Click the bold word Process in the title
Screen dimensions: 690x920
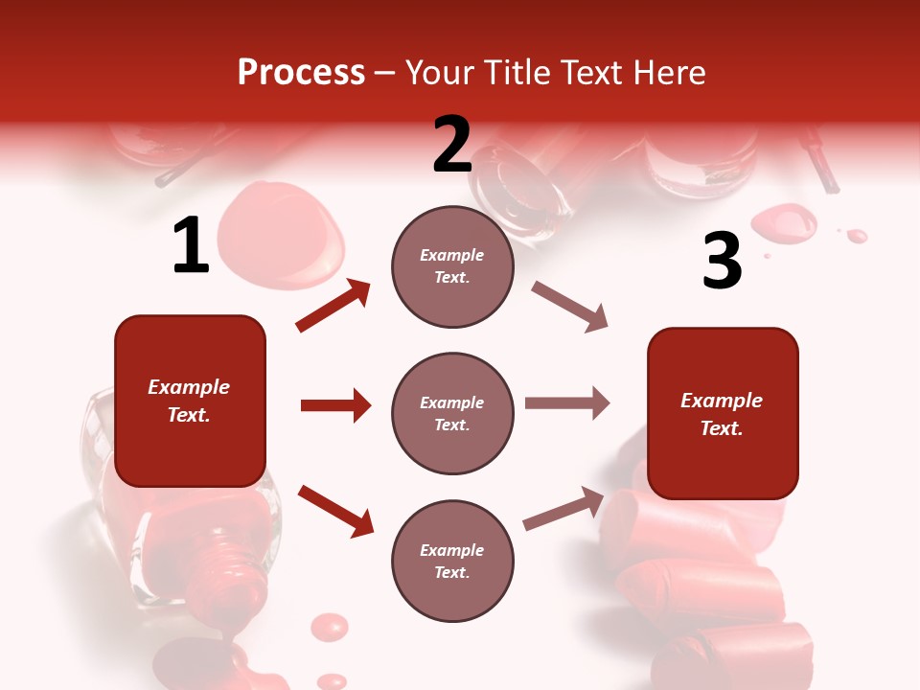pos(301,73)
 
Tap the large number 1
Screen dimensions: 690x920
pos(191,246)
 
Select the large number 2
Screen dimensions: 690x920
pos(452,145)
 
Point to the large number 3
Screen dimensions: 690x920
pos(722,262)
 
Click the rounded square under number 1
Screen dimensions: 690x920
pos(190,401)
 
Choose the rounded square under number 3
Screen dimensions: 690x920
pos(723,413)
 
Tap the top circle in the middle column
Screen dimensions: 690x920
pos(452,266)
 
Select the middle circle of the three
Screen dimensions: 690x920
pos(452,413)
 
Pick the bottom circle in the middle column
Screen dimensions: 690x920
pos(452,561)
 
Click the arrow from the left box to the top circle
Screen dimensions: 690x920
pos(333,306)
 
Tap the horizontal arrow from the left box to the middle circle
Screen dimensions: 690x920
pos(335,405)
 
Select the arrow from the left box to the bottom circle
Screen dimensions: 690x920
pos(335,511)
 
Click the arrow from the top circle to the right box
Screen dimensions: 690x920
pos(569,307)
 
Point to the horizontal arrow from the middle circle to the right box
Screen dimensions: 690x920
pos(567,402)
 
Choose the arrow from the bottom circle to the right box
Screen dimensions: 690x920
pos(563,509)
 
